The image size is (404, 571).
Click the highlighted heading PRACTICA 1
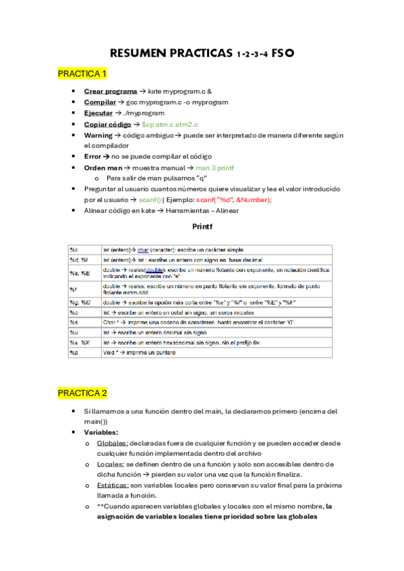tap(82, 73)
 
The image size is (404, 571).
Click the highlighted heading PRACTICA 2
tap(82, 393)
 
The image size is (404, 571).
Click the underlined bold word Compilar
tap(100, 102)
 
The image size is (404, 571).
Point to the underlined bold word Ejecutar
tap(98, 113)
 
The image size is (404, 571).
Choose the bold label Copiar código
tap(108, 125)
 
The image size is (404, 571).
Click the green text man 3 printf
tap(215, 167)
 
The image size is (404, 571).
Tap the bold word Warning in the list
tap(98, 135)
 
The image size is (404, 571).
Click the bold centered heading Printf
tap(202, 227)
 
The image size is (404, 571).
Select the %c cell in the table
tap(74, 250)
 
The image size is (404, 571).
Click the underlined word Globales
tap(113, 443)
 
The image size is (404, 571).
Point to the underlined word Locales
tap(110, 464)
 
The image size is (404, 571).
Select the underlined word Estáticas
tap(113, 485)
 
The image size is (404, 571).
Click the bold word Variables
tap(101, 432)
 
